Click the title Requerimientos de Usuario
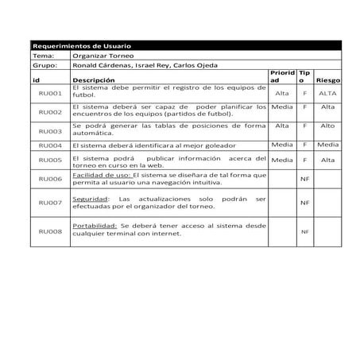[81, 47]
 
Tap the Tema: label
[41, 56]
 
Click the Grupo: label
[44, 66]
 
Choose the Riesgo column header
[327, 81]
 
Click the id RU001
[50, 95]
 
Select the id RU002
[50, 112]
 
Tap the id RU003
[50, 130]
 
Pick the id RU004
[50, 146]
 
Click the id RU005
[50, 161]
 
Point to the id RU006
[50, 180]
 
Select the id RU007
[50, 203]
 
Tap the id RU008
[50, 231]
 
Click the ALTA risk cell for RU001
[327, 94]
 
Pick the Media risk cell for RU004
[327, 145]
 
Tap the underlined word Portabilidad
[95, 226]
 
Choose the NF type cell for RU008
[304, 232]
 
